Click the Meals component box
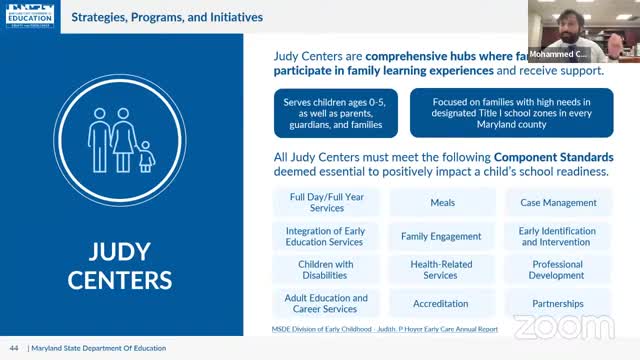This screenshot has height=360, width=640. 442,202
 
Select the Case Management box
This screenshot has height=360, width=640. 558,202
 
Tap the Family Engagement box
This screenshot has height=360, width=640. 442,236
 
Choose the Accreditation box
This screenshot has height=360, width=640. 442,303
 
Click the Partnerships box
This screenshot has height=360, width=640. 558,303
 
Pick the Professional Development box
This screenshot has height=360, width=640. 558,270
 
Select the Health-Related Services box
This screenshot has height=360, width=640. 442,270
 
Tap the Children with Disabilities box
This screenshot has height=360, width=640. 326,270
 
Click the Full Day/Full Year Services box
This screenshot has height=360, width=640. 326,202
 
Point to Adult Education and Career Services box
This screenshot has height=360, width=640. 326,303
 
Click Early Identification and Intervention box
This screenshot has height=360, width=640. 558,236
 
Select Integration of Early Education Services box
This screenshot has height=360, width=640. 326,236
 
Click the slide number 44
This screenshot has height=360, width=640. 14,347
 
